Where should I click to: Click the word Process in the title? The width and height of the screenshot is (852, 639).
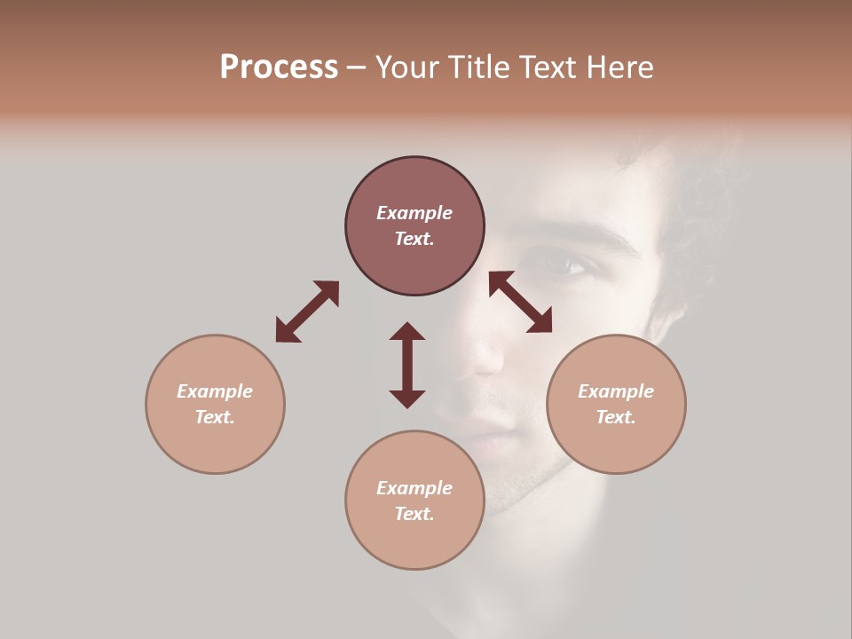[279, 67]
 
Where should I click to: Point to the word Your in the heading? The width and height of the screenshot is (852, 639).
[408, 67]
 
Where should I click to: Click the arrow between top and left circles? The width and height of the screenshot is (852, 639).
[307, 312]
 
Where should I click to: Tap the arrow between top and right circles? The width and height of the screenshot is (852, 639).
[520, 303]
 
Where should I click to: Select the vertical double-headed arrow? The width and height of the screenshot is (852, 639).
[407, 365]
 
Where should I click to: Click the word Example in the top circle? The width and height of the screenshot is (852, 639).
[414, 213]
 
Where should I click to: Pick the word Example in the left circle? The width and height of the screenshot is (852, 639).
[215, 391]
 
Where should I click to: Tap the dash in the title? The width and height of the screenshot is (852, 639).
[356, 67]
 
